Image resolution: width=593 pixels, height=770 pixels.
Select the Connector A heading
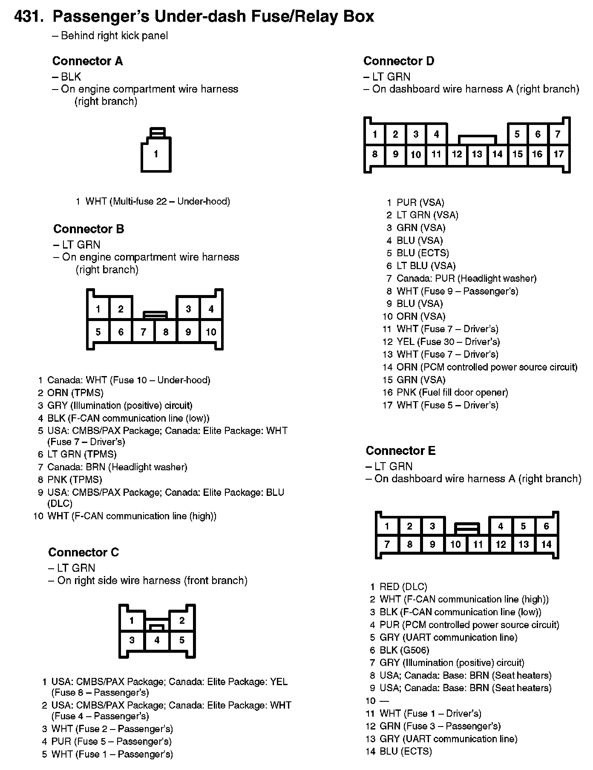(x=87, y=61)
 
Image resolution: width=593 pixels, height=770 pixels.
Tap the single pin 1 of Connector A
(x=156, y=154)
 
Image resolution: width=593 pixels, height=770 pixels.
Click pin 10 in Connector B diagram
(x=211, y=332)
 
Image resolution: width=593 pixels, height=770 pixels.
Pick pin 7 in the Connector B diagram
(x=143, y=332)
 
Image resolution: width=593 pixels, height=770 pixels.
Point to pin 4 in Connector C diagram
(x=157, y=640)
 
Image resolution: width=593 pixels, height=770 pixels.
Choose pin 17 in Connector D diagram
(x=558, y=154)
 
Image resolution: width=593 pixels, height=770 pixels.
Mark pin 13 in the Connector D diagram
(x=477, y=154)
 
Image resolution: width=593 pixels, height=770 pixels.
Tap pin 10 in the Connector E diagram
(x=455, y=544)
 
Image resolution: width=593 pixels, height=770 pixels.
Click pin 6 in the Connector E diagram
(x=546, y=526)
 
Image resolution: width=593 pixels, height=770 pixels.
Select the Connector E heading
(x=400, y=451)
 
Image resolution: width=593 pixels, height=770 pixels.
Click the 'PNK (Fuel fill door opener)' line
(x=452, y=392)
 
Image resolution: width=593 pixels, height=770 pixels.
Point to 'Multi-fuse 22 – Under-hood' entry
(x=158, y=201)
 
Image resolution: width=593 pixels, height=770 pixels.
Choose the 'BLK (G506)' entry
(x=404, y=650)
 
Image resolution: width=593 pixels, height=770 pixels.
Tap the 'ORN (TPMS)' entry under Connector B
(x=75, y=393)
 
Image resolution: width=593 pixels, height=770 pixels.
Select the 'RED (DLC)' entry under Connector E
(x=403, y=587)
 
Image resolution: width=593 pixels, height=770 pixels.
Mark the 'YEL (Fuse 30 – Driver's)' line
(x=448, y=342)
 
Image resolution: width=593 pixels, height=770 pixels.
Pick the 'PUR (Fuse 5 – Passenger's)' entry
(x=111, y=741)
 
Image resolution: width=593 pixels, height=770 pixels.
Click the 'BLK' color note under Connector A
(x=71, y=77)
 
